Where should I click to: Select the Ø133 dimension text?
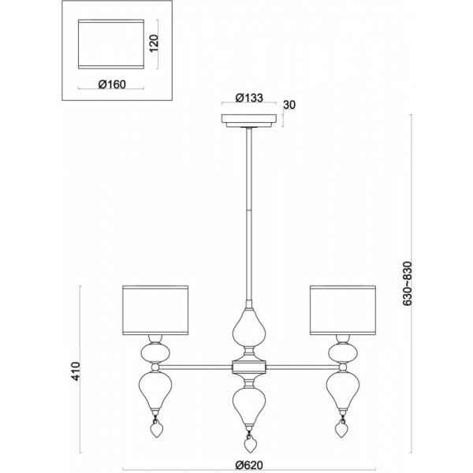(248, 100)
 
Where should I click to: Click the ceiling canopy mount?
(248, 121)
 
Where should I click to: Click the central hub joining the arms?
(249, 366)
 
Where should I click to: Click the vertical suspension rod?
(249, 213)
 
